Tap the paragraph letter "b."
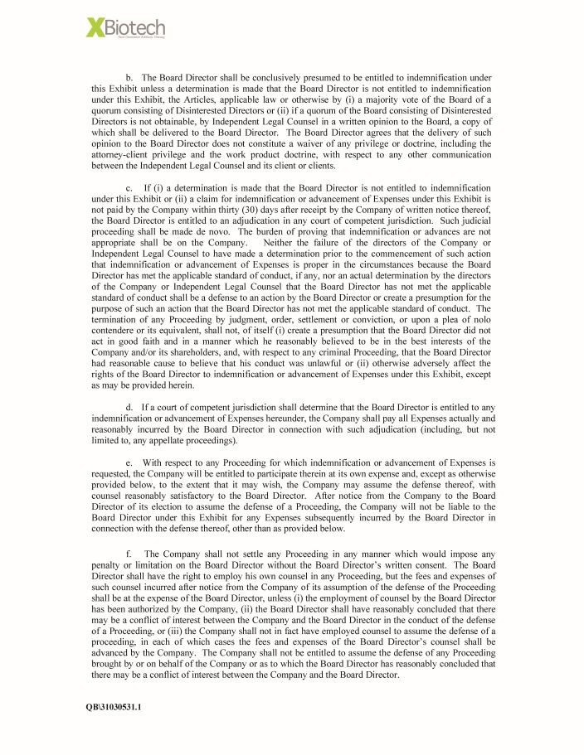(130, 76)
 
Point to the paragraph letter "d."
(130, 408)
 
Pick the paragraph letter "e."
(130, 462)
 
